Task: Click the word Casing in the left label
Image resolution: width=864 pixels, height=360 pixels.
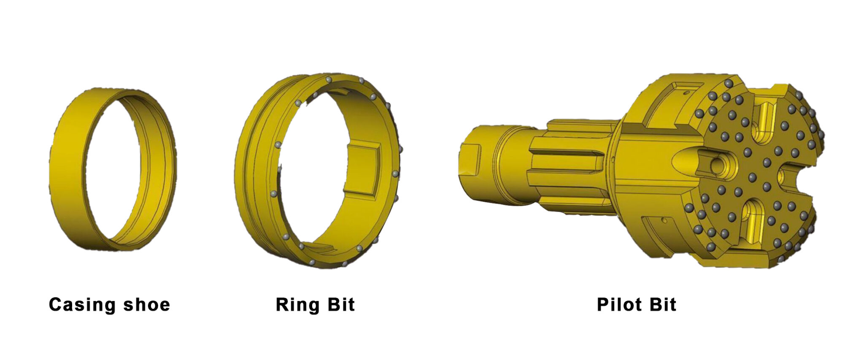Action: click(x=79, y=305)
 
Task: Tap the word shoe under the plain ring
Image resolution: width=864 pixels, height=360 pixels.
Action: click(x=146, y=305)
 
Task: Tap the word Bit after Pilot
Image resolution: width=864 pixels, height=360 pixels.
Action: click(x=663, y=305)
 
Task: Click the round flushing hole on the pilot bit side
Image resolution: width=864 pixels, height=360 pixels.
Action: click(x=716, y=165)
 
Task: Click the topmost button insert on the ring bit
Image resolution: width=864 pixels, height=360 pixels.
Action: click(x=329, y=79)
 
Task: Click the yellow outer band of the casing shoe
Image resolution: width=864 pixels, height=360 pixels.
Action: click(x=67, y=169)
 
